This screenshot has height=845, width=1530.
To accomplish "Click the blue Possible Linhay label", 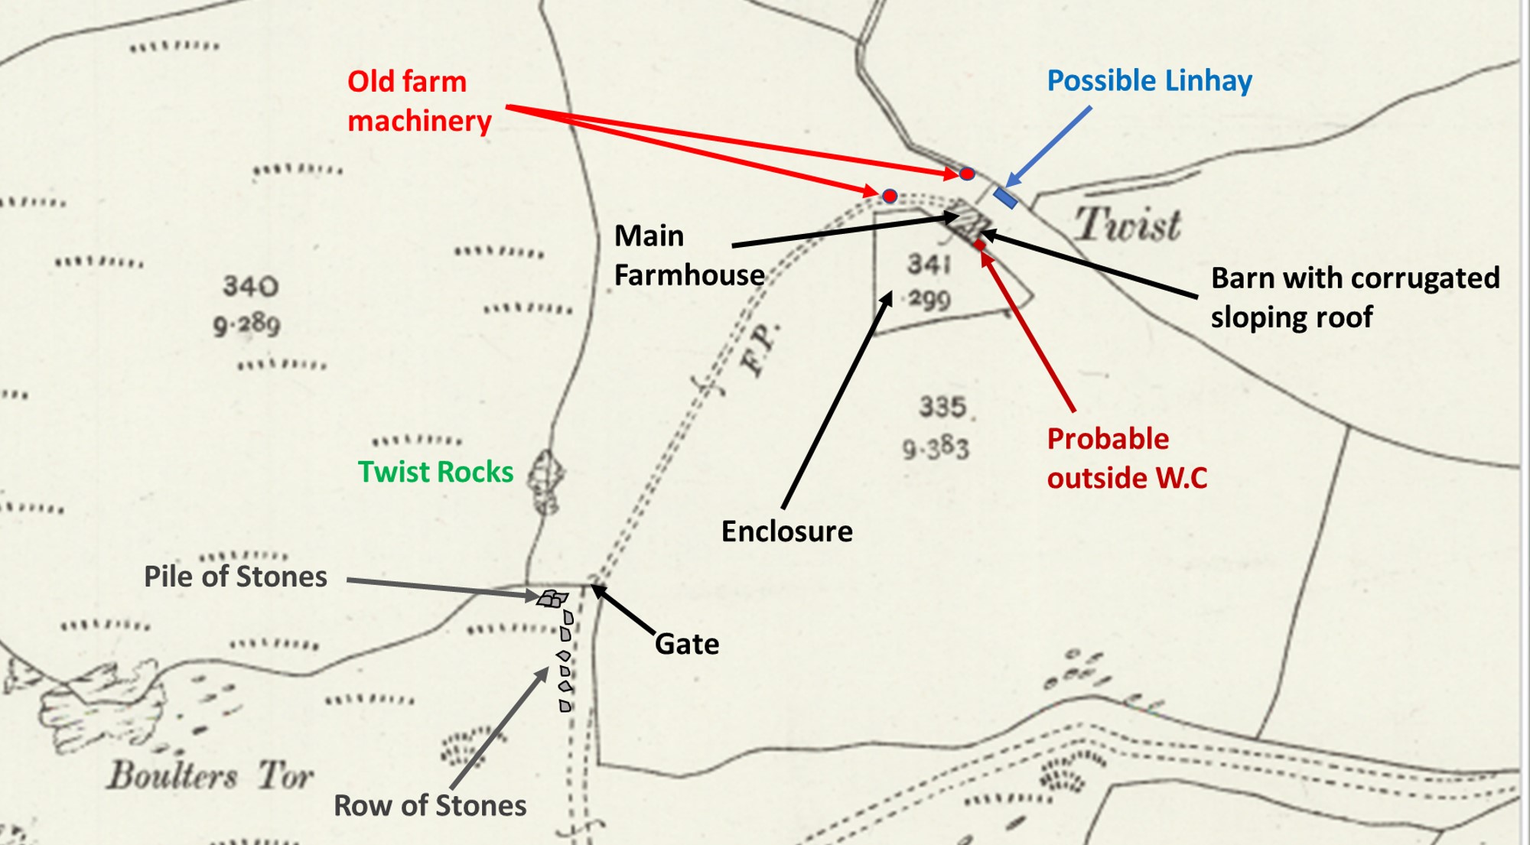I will point(1149,81).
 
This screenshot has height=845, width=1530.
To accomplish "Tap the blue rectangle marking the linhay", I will point(1005,197).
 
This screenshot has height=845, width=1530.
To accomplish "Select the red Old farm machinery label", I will point(418,101).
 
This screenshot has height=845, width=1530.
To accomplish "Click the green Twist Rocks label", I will point(435,472).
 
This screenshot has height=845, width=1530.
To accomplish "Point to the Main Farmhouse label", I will point(688,255).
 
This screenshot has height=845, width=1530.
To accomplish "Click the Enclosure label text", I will point(786,531).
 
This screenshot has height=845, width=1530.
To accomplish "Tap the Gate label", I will point(687,644).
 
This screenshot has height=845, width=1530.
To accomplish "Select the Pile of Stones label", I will point(236,577).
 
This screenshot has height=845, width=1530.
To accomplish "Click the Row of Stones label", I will point(430,805).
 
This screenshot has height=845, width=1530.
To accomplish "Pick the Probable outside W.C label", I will point(1126,458).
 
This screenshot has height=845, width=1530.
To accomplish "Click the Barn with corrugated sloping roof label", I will point(1355,297).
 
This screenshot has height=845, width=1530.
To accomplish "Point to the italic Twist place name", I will point(1128,225).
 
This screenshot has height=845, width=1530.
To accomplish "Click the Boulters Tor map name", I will point(210,775).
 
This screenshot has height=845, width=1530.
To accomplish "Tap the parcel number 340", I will point(250,286).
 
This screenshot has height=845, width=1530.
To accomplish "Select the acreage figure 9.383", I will point(935,447).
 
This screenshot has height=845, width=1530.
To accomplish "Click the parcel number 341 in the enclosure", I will point(929,265).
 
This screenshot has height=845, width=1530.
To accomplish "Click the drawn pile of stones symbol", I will point(552,599).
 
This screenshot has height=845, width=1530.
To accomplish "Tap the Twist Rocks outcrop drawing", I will point(546,480).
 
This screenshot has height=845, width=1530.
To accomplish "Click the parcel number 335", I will point(942,407).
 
